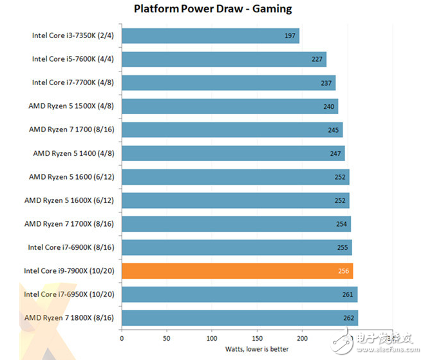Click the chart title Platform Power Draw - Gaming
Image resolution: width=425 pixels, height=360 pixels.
click(212, 9)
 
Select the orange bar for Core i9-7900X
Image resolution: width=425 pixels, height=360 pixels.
click(237, 270)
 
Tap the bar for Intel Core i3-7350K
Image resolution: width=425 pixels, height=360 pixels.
click(210, 35)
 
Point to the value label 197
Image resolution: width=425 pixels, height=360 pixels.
click(290, 35)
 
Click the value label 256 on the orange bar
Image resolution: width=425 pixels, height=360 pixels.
click(343, 270)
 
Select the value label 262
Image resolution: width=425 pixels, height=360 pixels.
click(348, 317)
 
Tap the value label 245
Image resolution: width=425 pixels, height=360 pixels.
click(333, 129)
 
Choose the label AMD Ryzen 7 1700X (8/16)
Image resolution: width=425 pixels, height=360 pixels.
click(69, 223)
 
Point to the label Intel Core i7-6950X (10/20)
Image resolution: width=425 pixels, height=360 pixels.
click(69, 294)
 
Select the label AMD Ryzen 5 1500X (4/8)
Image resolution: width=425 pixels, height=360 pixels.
click(71, 106)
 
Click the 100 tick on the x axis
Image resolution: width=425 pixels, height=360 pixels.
click(212, 337)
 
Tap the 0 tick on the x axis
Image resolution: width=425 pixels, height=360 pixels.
click(122, 337)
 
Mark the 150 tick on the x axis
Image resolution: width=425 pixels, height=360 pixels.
click(257, 337)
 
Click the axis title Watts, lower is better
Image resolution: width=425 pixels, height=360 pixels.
click(257, 349)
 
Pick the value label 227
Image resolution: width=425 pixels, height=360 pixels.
click(317, 59)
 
